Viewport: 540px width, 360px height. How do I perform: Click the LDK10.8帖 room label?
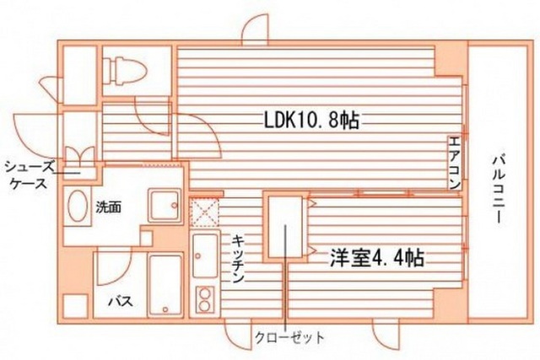tap(311, 121)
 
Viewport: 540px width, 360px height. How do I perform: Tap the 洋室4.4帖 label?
tap(377, 258)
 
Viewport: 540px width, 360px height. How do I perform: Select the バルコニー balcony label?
tap(498, 190)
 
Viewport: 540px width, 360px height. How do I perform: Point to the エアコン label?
tap(455, 164)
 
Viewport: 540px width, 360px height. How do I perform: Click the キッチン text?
tap(238, 259)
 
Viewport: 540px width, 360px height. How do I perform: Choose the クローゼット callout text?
tap(289, 337)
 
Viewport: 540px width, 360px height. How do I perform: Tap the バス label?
tap(121, 302)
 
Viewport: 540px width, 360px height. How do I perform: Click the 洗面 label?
tap(109, 207)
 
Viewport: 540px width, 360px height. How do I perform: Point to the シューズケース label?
tap(30, 176)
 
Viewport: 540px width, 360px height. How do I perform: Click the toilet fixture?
tap(125, 72)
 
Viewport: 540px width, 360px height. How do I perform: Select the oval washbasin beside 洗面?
tap(78, 207)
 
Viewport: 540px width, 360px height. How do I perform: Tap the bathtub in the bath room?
tap(165, 285)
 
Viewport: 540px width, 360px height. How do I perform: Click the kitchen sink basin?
tap(206, 255)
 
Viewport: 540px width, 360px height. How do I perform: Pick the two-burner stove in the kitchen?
tap(205, 300)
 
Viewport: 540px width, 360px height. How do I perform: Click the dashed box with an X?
tap(205, 212)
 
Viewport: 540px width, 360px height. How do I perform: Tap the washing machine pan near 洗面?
tap(165, 206)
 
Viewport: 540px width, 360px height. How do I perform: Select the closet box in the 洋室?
tap(285, 227)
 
